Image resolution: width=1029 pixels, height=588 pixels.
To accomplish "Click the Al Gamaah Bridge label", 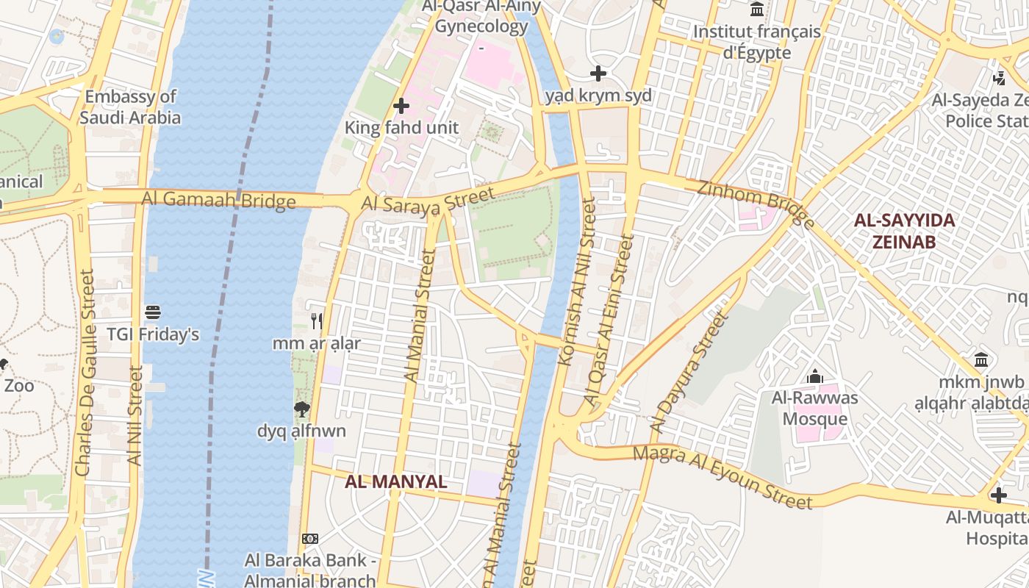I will (x=218, y=199).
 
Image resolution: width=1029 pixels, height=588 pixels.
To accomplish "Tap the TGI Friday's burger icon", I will (x=153, y=312).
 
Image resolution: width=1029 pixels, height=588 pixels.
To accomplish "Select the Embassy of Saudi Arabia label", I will (x=130, y=107).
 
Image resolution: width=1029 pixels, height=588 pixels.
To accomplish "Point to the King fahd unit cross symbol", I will (x=401, y=106).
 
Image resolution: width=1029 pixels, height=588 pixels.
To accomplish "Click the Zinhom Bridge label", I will (x=756, y=204).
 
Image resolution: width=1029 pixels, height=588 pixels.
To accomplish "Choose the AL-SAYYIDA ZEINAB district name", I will (x=903, y=231).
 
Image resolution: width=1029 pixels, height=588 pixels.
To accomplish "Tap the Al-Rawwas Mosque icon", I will (x=814, y=377).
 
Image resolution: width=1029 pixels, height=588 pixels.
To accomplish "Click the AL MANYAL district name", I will (x=396, y=482).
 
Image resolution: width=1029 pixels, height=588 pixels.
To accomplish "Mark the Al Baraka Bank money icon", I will (x=310, y=539).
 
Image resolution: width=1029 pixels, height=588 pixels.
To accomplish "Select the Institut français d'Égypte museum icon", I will (x=757, y=10).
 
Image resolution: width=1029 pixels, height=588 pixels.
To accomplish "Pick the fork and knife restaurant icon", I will (x=317, y=321).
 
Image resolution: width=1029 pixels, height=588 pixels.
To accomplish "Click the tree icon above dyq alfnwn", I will (x=301, y=409).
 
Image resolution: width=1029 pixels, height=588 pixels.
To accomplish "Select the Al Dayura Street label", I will (x=688, y=373).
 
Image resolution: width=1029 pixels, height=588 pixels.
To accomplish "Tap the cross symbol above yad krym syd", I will (x=598, y=73).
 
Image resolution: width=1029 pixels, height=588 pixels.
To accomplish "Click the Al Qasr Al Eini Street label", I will (x=608, y=320).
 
